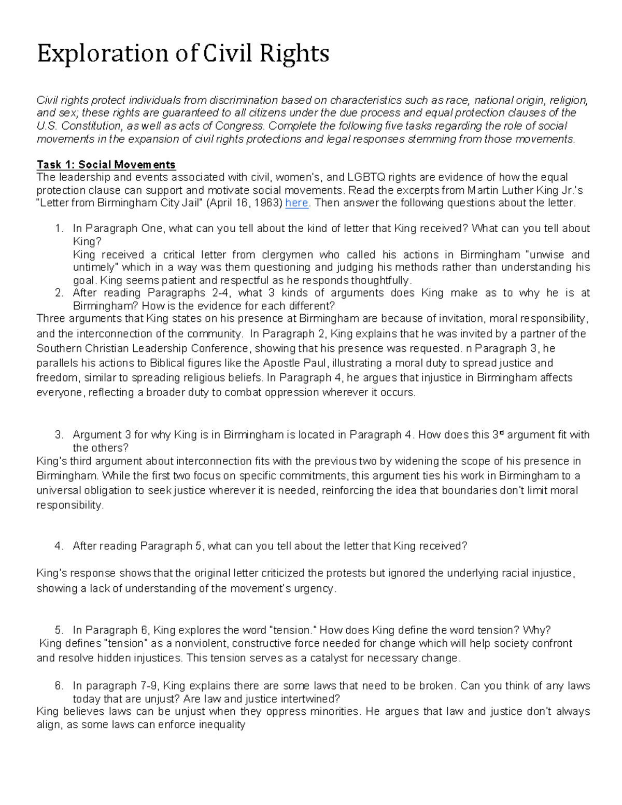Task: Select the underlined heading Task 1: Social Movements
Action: [x=106, y=165]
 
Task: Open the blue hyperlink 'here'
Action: [x=296, y=203]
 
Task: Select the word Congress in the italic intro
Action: [x=239, y=126]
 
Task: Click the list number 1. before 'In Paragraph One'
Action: [x=59, y=229]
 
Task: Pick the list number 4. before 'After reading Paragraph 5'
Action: [x=59, y=546]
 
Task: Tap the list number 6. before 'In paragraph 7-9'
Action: [x=59, y=686]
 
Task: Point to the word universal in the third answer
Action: [x=58, y=490]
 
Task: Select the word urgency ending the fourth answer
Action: [x=316, y=588]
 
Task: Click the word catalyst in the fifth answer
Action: [x=330, y=658]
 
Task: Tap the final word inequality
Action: [x=222, y=725]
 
